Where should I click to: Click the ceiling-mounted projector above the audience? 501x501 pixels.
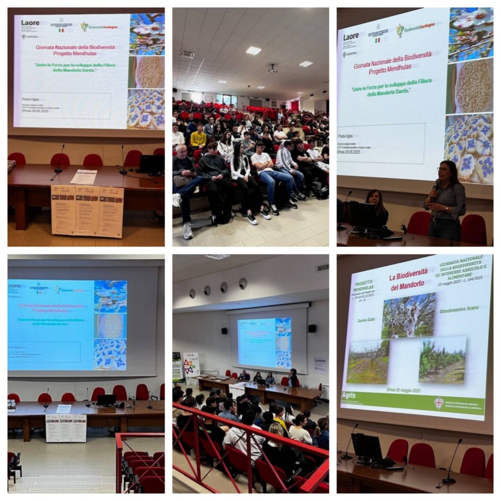click(272, 68)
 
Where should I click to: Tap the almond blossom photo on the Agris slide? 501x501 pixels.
click(409, 315)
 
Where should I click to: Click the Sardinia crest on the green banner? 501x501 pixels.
click(438, 403)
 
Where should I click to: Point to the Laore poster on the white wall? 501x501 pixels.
click(320, 364)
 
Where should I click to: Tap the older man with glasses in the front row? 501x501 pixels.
click(184, 176)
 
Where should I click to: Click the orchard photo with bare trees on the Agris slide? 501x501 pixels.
click(368, 362)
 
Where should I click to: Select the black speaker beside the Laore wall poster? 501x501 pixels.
click(312, 328)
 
